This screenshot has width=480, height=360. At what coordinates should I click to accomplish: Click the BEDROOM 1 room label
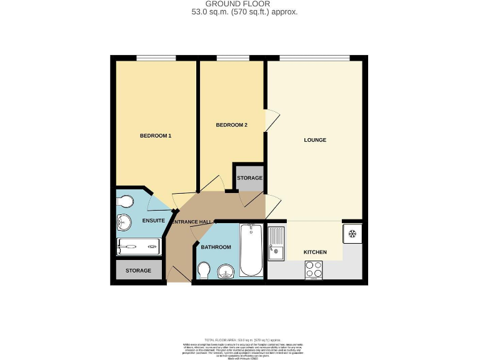pyautogui.click(x=155, y=136)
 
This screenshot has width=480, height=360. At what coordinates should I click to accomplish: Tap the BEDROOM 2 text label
pyautogui.click(x=231, y=125)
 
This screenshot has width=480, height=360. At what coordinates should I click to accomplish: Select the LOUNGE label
pyautogui.click(x=315, y=140)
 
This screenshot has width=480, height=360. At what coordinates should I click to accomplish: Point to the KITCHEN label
pyautogui.click(x=315, y=252)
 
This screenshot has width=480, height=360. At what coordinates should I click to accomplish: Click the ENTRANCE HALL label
pyautogui.click(x=192, y=222)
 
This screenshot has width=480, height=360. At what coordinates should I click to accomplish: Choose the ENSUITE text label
pyautogui.click(x=153, y=221)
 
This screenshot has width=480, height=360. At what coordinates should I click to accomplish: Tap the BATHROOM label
pyautogui.click(x=216, y=247)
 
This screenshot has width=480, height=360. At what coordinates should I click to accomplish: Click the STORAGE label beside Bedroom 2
pyautogui.click(x=249, y=178)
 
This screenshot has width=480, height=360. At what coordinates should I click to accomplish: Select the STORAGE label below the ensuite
pyautogui.click(x=138, y=271)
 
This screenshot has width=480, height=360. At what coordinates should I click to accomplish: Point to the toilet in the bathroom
pyautogui.click(x=203, y=270)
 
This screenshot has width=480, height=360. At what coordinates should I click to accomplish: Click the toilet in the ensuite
pyautogui.click(x=125, y=201)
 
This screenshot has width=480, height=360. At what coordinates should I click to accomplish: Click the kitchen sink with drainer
pyautogui.click(x=276, y=243)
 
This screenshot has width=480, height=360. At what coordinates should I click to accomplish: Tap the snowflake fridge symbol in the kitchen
pyautogui.click(x=352, y=234)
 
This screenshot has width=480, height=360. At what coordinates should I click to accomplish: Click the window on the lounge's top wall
pyautogui.click(x=314, y=58)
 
